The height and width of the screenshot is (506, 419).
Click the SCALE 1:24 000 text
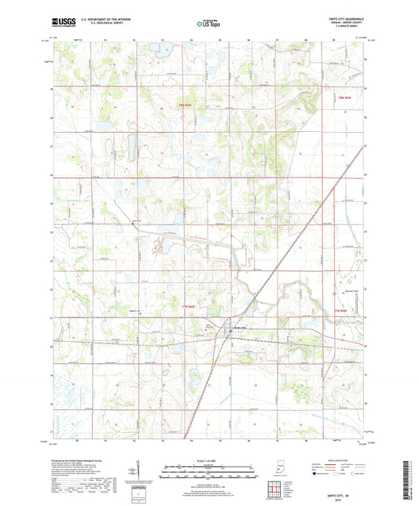coord(209,459)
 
